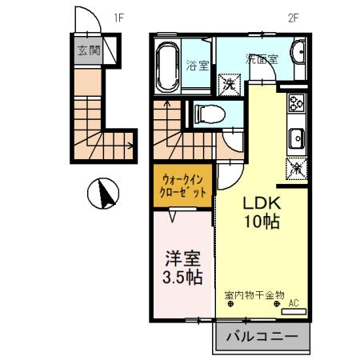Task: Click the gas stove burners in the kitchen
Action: [x=296, y=104]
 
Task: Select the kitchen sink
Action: [x=295, y=138]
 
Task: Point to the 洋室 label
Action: [x=182, y=259]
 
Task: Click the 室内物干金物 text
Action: [x=254, y=295]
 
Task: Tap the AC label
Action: [x=294, y=302]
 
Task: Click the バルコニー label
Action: [x=261, y=336]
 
